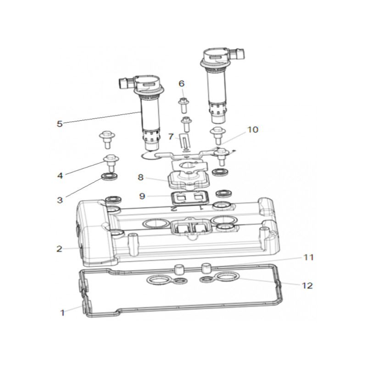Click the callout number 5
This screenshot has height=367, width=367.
(x=60, y=123)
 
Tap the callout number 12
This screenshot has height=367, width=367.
(x=307, y=285)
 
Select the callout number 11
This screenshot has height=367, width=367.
(x=308, y=257)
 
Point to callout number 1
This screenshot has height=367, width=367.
(x=62, y=313)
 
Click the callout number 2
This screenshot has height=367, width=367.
(x=60, y=249)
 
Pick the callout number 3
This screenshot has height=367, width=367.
(x=60, y=200)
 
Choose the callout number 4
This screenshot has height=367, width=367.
(x=60, y=176)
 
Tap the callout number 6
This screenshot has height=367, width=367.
(x=182, y=83)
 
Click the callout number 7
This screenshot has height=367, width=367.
(x=171, y=136)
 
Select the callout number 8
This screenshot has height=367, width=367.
(x=140, y=177)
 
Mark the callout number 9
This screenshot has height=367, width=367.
(x=142, y=196)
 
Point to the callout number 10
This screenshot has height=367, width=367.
(x=253, y=129)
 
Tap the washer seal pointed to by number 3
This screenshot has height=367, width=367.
(x=109, y=176)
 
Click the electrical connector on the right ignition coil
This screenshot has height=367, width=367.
(x=239, y=55)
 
